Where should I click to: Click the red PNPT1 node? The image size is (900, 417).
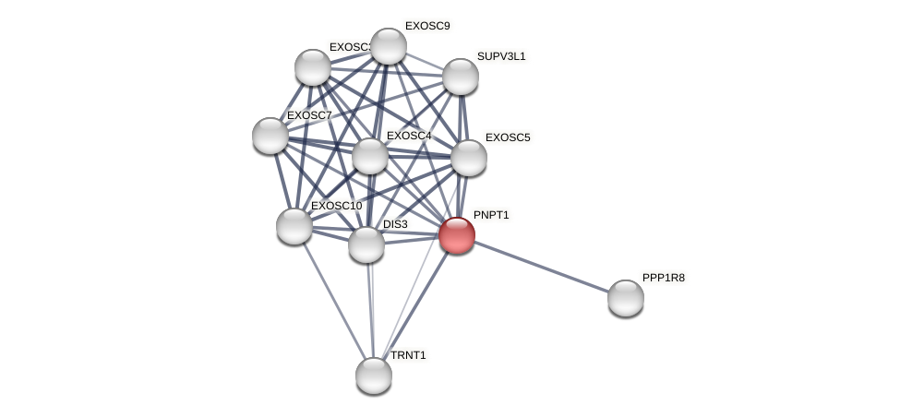(457, 235)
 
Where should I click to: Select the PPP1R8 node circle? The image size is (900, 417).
(626, 298)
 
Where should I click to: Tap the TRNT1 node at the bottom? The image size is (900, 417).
(374, 375)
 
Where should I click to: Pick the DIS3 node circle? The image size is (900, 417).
(366, 244)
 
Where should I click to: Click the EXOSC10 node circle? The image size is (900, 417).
(294, 226)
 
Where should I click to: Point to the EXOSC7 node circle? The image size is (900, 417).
(270, 136)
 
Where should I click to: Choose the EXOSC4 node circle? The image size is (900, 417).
(370, 156)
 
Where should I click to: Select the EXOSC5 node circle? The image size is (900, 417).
(469, 158)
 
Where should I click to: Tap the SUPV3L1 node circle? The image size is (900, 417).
(461, 77)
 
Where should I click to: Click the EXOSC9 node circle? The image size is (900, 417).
(389, 46)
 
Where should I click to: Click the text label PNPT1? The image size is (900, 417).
(491, 215)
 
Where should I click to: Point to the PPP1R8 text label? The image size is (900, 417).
(664, 278)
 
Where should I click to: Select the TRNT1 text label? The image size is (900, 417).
(408, 355)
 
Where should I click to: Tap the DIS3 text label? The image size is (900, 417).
(395, 224)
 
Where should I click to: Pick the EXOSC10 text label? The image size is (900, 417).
(336, 206)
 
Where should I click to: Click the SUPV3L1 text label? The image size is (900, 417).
(501, 56)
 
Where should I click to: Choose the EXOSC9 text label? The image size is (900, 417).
(427, 26)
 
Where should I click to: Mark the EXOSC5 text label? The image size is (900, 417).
(508, 137)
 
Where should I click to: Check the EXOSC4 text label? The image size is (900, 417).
(409, 136)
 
